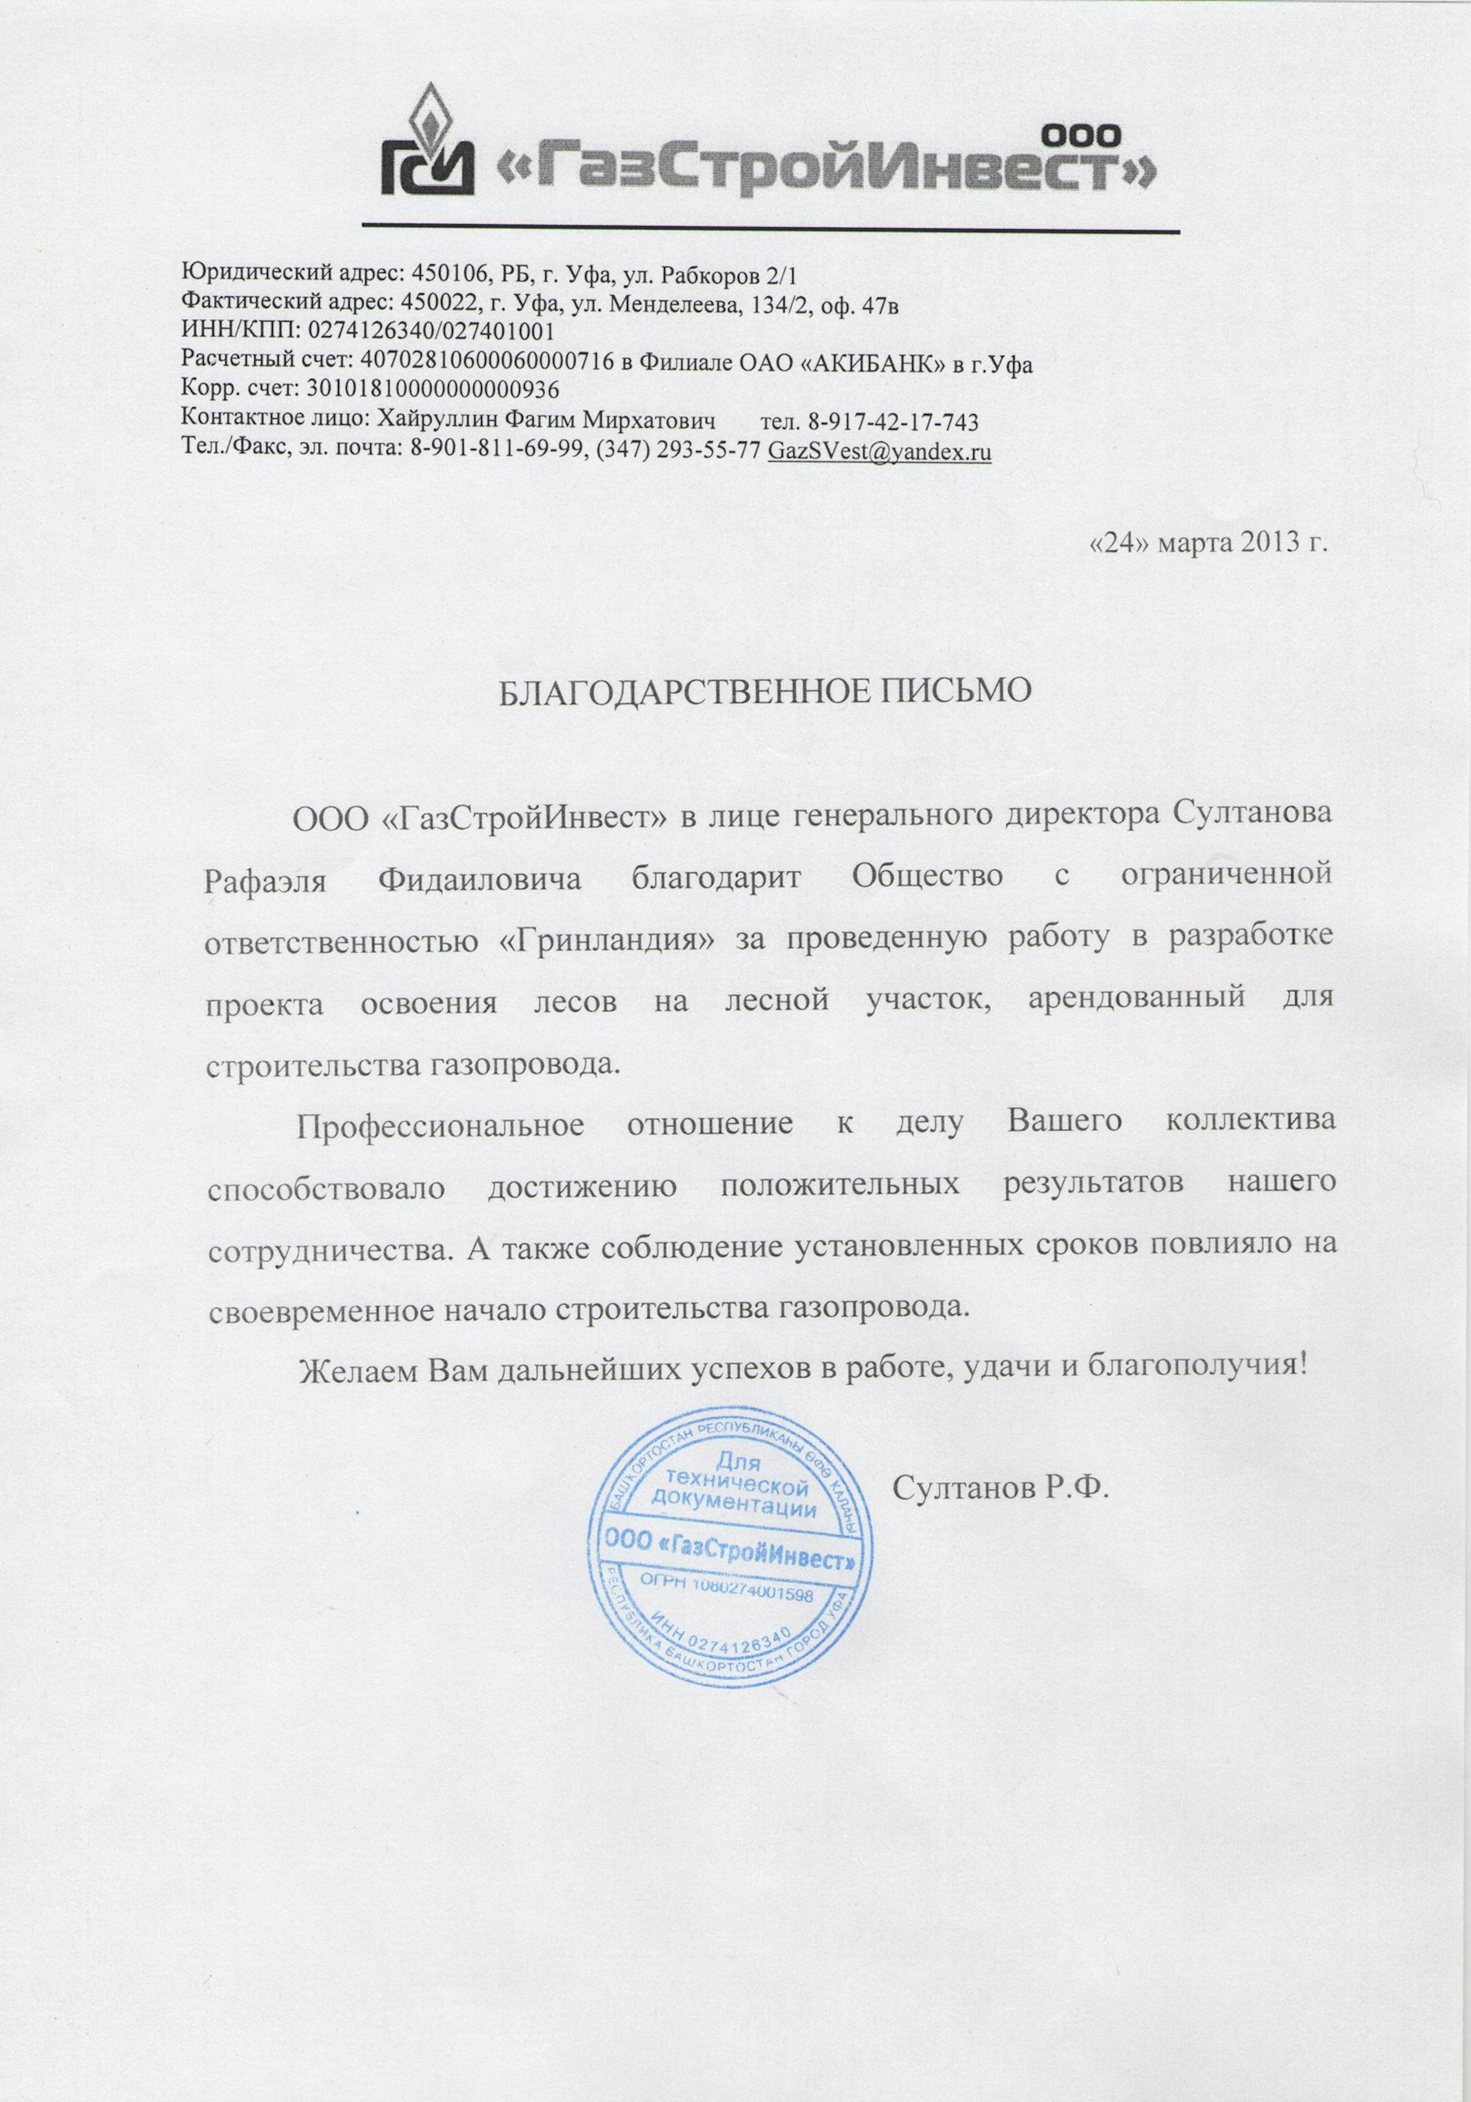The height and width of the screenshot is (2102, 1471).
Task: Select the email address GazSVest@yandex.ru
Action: pos(880,451)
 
